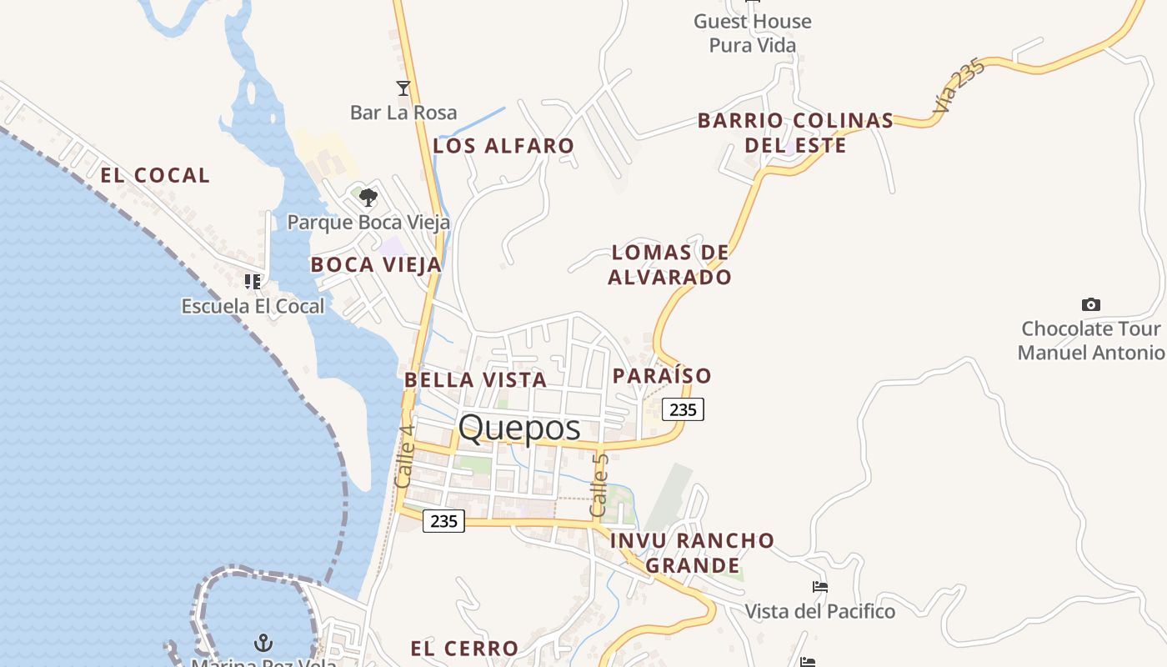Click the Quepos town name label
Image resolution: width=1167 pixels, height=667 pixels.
[519, 428]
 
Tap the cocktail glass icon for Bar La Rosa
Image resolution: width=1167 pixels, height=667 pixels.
[403, 88]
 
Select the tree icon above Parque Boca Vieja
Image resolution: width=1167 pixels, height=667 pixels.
[368, 198]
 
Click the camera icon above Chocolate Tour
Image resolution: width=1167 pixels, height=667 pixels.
[1090, 304]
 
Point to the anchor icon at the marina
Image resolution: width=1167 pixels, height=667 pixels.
[263, 643]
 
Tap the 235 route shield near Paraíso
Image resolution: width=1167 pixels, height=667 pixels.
[683, 409]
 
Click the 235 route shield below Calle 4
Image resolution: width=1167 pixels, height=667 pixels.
[443, 521]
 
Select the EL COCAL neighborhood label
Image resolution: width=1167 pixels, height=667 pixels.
[155, 175]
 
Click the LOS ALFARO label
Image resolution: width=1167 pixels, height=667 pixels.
[503, 146]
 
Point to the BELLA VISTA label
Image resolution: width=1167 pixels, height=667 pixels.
[475, 380]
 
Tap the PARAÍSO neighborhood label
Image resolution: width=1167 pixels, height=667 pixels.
[662, 376]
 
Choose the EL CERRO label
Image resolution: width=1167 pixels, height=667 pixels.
[464, 648]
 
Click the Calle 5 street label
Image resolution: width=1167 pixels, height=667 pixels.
[599, 484]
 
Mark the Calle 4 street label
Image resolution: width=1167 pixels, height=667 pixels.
[404, 457]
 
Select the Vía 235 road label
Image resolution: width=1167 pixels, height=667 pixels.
[959, 86]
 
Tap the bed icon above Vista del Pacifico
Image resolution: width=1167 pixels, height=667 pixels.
[820, 587]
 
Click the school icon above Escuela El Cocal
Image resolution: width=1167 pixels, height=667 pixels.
[253, 281]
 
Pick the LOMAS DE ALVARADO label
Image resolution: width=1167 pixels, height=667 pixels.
[669, 264]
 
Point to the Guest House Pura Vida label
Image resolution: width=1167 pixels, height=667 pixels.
[753, 33]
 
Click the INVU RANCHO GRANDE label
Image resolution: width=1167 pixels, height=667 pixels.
[693, 553]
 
